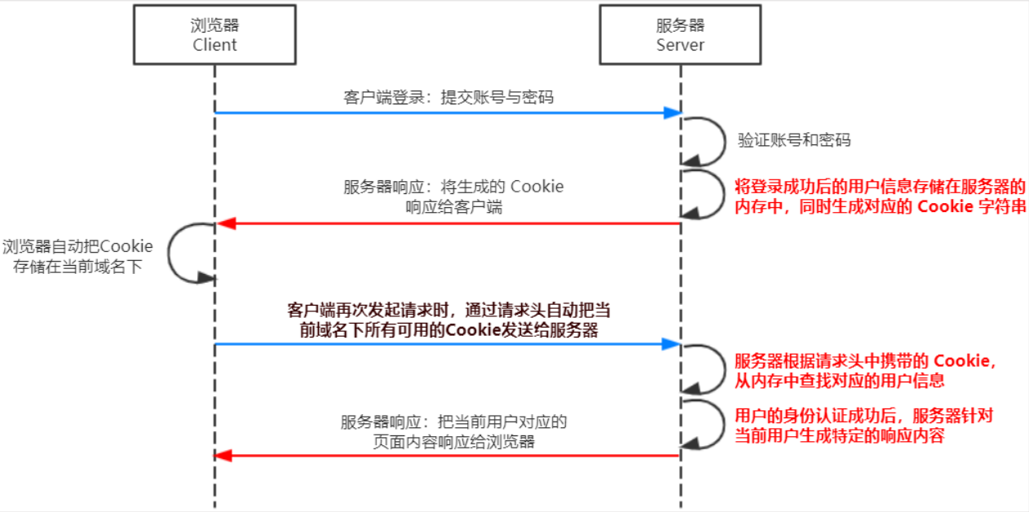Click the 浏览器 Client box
tap(214, 34)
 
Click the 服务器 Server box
tap(679, 34)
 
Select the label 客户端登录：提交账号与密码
tap(448, 97)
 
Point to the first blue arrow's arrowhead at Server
tap(673, 113)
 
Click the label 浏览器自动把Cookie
tap(77, 246)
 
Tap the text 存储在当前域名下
tap(77, 267)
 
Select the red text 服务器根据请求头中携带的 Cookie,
tap(866, 361)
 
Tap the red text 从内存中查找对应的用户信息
tap(840, 380)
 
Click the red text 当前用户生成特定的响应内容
tap(840, 435)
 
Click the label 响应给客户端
tap(454, 207)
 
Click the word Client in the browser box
tap(214, 45)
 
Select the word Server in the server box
tap(679, 45)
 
